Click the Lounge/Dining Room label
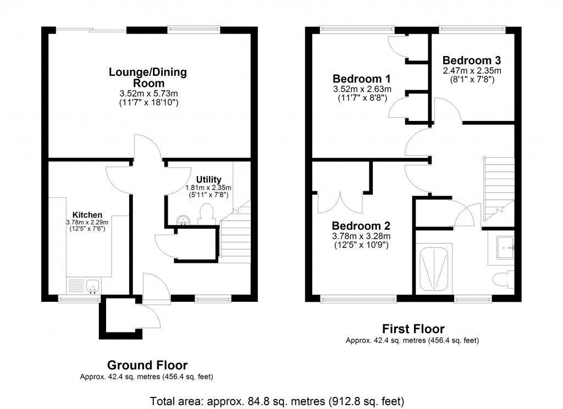click(147, 78)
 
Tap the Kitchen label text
click(87, 214)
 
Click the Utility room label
click(208, 179)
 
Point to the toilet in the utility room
click(207, 214)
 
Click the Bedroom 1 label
click(361, 78)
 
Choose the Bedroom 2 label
click(361, 226)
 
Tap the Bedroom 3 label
click(472, 60)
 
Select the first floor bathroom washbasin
click(505, 247)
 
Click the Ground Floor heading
click(147, 365)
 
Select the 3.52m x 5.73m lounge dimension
click(147, 93)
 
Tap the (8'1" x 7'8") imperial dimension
click(472, 79)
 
